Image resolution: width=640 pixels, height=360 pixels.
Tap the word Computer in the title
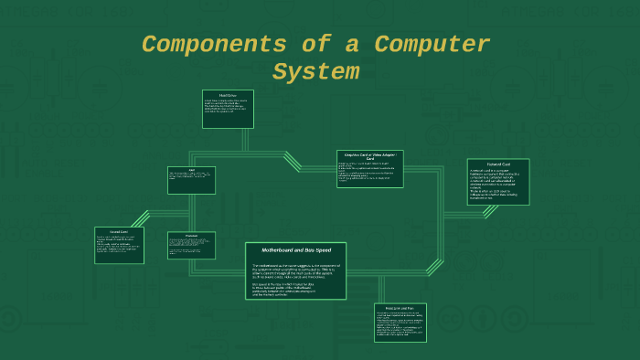click(432, 44)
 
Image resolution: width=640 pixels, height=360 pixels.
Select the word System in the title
click(316, 71)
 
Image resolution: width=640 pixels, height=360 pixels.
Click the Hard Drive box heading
click(228, 94)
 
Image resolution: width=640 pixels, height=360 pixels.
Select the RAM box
click(191, 180)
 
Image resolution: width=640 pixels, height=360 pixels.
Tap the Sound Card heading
click(119, 232)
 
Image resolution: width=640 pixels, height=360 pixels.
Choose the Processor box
click(192, 245)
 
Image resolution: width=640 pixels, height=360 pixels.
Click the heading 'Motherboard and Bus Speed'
click(295, 249)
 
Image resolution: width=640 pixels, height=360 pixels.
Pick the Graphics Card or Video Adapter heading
click(369, 157)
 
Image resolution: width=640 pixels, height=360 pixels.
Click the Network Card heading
click(497, 164)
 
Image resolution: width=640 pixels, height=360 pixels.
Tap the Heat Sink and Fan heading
click(400, 309)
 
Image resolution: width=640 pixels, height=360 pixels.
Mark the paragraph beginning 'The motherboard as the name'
click(295, 271)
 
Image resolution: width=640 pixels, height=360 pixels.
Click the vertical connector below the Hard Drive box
click(244, 140)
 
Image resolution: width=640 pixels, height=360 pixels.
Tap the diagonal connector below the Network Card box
click(490, 211)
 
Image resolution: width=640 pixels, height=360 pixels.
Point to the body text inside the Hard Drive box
click(228, 110)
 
